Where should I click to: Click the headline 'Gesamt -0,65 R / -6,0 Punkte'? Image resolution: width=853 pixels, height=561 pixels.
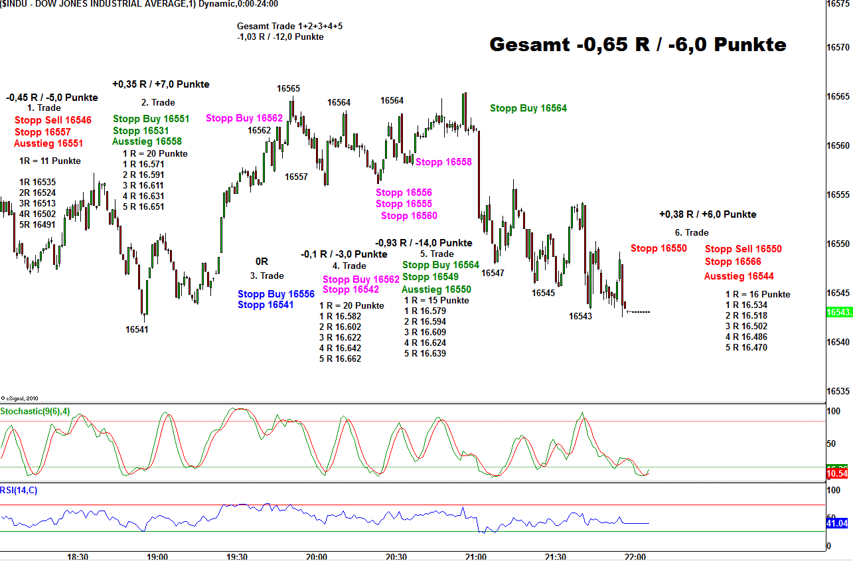(637, 44)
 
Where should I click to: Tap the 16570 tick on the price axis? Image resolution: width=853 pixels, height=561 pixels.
(838, 47)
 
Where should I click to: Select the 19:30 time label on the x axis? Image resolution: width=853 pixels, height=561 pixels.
(237, 556)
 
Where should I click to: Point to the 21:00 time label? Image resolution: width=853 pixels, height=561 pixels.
(476, 556)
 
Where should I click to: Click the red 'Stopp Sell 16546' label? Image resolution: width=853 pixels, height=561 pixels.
(53, 120)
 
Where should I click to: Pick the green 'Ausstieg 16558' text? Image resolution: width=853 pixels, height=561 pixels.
(147, 141)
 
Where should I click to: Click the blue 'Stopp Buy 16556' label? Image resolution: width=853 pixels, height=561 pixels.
(276, 294)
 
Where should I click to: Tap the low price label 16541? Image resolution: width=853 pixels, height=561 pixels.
(137, 329)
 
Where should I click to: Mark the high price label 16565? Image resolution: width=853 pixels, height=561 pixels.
(288, 88)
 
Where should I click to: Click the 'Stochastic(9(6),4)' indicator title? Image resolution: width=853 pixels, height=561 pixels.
(35, 412)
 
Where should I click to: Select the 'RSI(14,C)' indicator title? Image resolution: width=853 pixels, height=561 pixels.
(19, 491)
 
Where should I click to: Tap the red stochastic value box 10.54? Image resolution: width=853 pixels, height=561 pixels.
(836, 473)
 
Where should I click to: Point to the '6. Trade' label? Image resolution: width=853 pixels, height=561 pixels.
(692, 232)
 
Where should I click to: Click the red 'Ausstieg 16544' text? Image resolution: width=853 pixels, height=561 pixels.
(739, 276)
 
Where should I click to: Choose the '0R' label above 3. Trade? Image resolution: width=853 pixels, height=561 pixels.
(262, 262)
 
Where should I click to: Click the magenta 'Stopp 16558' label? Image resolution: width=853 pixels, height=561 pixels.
(443, 162)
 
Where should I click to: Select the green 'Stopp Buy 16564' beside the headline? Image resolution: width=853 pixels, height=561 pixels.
(528, 108)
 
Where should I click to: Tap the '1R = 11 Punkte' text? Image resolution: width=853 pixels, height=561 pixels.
(50, 161)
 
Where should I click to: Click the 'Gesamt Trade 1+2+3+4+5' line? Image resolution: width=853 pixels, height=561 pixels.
(289, 27)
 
